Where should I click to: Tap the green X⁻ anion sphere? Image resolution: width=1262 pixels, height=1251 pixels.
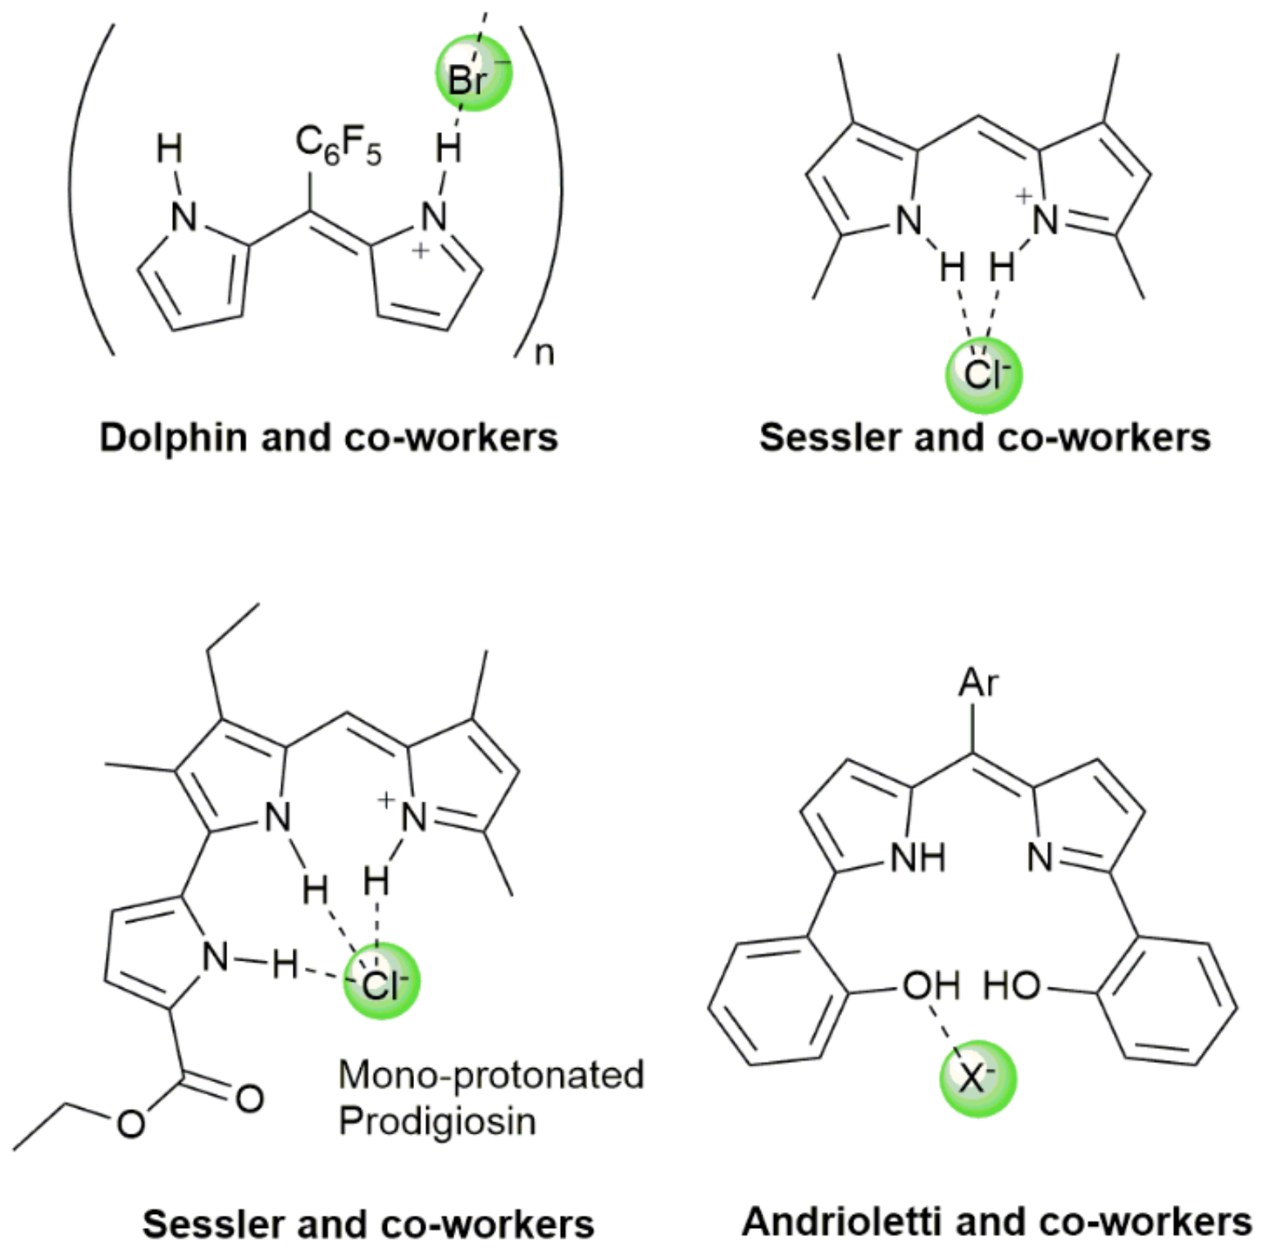pos(977,1078)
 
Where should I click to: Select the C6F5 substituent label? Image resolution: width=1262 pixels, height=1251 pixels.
pos(338,147)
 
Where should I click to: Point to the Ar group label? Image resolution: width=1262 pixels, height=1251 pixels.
pos(978,683)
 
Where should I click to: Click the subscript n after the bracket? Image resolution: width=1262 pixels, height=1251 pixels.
pos(544,354)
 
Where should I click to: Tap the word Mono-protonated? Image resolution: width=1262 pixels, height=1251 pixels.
pos(491,1075)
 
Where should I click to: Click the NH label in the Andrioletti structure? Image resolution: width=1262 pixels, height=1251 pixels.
pos(918,858)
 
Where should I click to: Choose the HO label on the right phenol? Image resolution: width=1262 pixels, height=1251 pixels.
pos(1011,985)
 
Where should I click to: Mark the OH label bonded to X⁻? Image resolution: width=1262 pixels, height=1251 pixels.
pos(931,985)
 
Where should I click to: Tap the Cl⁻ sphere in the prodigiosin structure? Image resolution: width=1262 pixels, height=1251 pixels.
pos(380,981)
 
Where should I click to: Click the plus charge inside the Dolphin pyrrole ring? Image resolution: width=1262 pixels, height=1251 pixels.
pos(420,251)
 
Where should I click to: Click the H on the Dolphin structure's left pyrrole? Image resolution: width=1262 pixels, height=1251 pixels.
pos(170,150)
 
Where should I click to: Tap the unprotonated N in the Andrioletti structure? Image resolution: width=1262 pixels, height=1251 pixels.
pos(1041,858)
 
